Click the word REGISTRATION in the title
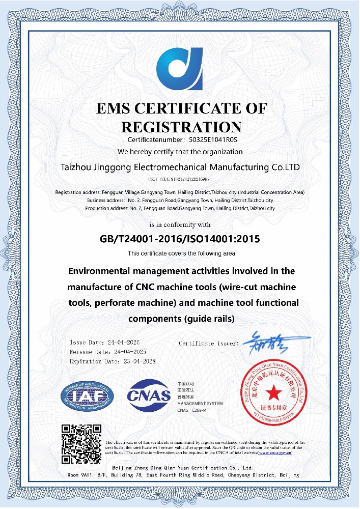point(180,127)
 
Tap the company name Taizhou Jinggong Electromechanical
point(180,167)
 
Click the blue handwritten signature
point(275,342)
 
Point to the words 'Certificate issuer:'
point(209,344)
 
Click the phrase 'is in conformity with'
point(180,224)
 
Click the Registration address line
point(180,192)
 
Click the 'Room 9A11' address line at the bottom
point(180,474)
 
